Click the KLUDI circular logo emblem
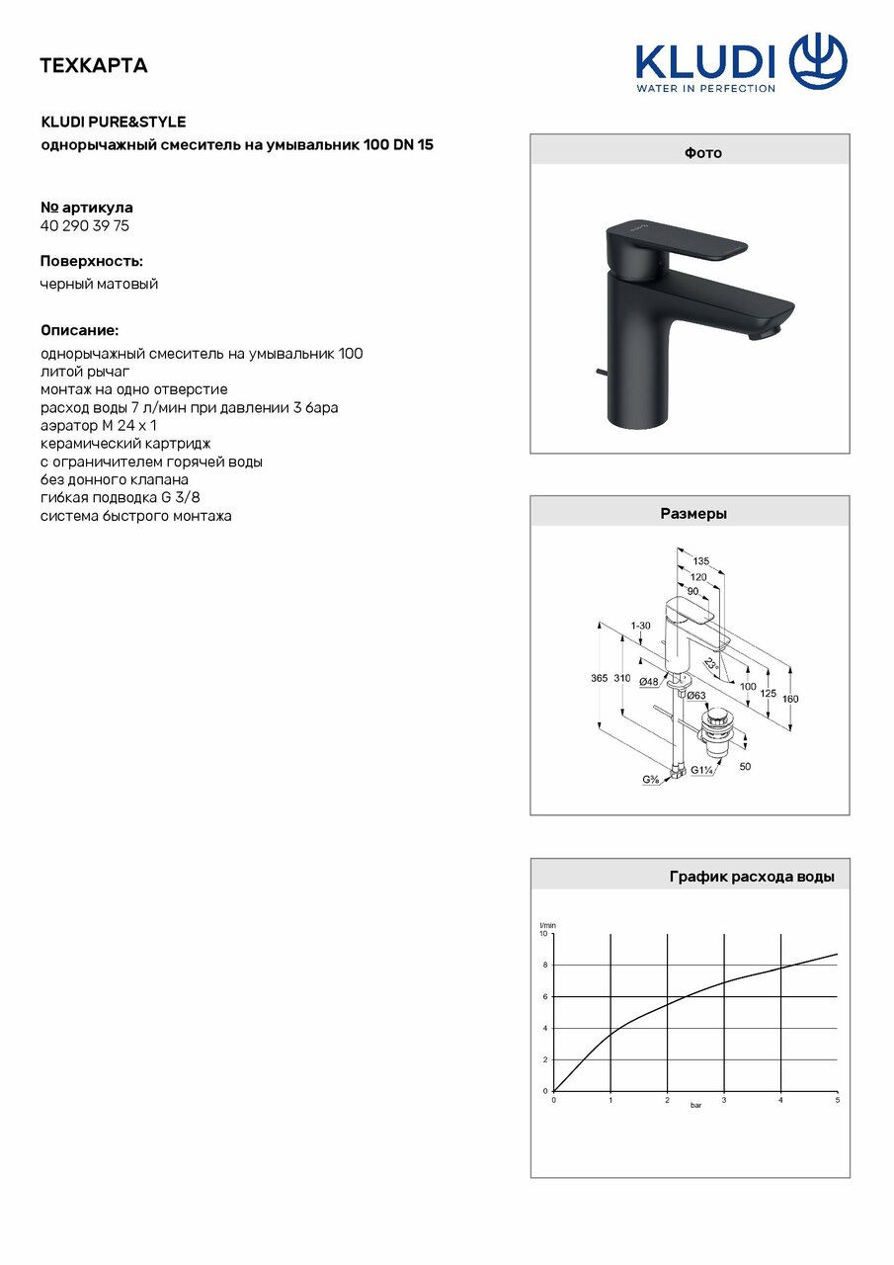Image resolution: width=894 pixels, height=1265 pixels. pos(818,61)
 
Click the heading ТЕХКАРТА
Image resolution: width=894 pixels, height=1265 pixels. pos(94,66)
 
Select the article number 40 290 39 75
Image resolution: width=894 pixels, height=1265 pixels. pos(85,225)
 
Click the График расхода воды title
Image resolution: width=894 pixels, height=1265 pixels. pos(752,876)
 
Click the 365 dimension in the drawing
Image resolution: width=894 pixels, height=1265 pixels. pos(600,679)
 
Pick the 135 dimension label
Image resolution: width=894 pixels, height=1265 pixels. pos(701,561)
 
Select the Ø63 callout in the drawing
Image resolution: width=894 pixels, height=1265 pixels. pos(696,696)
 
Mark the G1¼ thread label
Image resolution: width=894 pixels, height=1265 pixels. pos(703,771)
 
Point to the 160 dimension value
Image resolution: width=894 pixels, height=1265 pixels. pos(789,699)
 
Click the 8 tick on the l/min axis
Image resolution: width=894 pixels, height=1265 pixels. pos(544,965)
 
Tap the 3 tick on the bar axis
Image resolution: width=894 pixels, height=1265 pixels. pos(724,1099)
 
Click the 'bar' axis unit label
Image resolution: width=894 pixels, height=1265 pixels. pos(695,1104)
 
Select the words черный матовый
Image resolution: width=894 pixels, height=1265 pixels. pos(99,284)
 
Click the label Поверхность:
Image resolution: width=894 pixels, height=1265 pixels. pos(91,261)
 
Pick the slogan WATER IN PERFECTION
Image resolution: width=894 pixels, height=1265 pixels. pos(705,88)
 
